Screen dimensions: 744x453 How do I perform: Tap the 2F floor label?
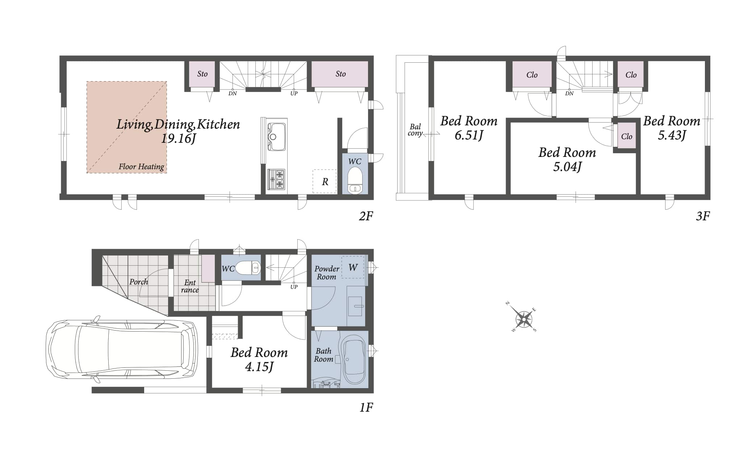[x=366, y=216]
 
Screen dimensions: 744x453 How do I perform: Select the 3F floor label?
[x=703, y=216]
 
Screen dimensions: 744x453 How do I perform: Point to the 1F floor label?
[x=366, y=407]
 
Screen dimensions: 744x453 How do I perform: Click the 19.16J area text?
[x=179, y=138]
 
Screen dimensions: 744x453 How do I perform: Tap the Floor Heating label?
[x=141, y=167]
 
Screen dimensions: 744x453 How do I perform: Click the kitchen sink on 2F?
[x=276, y=137]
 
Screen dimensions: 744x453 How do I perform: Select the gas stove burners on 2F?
[x=276, y=179]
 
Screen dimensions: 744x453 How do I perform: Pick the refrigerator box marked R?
[x=325, y=181]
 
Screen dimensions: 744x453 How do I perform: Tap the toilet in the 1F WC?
[x=248, y=268]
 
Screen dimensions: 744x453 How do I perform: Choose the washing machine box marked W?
[x=353, y=267]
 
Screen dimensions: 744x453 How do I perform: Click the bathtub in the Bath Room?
[x=354, y=360]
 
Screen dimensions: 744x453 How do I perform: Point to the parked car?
[x=122, y=349]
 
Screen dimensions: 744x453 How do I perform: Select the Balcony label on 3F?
[x=415, y=130]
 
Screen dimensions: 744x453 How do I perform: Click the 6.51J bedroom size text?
[x=469, y=135]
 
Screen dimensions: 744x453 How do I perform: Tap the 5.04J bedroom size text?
[x=567, y=167]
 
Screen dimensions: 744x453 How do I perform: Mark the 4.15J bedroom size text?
[x=259, y=367]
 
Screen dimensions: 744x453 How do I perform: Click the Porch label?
[x=139, y=282]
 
